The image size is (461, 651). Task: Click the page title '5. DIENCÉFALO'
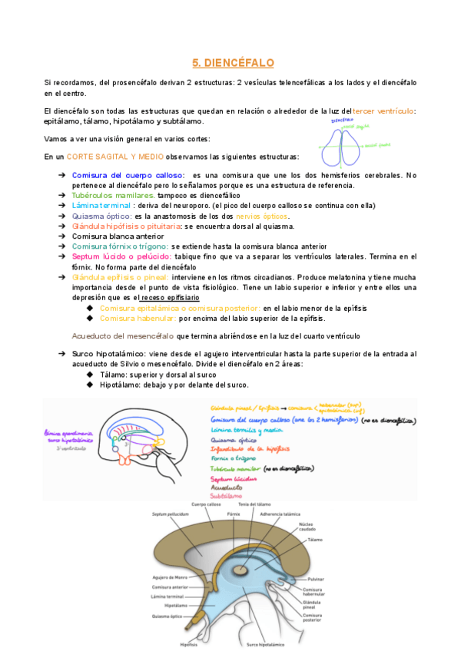click(x=232, y=62)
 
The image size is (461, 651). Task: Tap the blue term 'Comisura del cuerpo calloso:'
click(x=128, y=175)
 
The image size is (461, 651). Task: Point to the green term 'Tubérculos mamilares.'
click(x=113, y=196)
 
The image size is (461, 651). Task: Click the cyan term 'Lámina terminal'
click(x=101, y=206)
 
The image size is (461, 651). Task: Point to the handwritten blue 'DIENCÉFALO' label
click(x=342, y=121)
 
